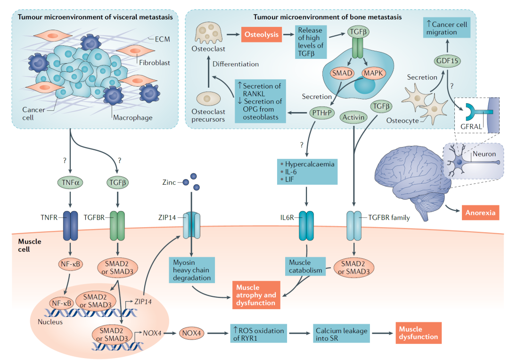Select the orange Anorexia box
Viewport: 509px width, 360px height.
(480, 213)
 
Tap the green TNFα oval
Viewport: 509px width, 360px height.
(69, 181)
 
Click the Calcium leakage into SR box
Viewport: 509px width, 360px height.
(341, 334)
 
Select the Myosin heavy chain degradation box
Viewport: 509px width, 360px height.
(191, 270)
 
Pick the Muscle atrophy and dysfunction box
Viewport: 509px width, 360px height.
(256, 295)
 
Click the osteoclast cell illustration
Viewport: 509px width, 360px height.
(208, 33)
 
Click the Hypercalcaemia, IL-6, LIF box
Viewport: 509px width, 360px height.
(307, 172)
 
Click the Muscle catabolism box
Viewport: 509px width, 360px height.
(305, 267)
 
